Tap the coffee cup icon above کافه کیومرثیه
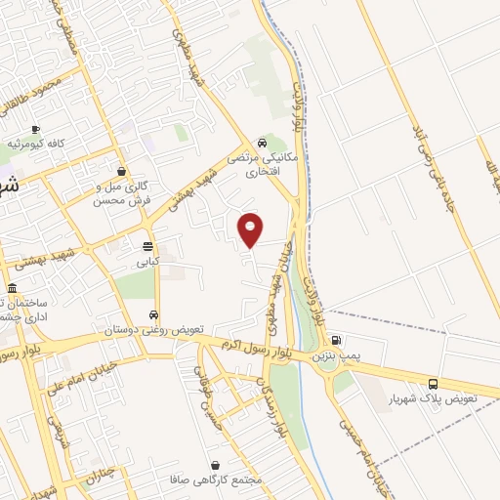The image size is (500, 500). pos(35,129)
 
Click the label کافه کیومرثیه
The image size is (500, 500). pos(36,144)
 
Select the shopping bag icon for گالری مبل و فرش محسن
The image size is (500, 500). pos(121,171)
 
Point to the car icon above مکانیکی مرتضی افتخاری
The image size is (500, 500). pos(262,143)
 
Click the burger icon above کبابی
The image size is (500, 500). pos(147,246)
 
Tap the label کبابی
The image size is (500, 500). pos(147,262)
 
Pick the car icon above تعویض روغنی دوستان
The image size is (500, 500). pos(154,314)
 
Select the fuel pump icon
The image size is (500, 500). pos(337,342)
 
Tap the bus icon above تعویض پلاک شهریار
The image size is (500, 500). pos(433,384)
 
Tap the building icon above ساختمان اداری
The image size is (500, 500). pos(12,289)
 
